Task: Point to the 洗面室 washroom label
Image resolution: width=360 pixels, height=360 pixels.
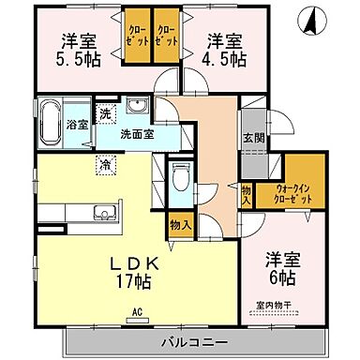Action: [136, 134]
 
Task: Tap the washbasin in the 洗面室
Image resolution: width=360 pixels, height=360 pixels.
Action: [138, 105]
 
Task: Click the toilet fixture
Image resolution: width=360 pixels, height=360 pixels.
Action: [182, 176]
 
